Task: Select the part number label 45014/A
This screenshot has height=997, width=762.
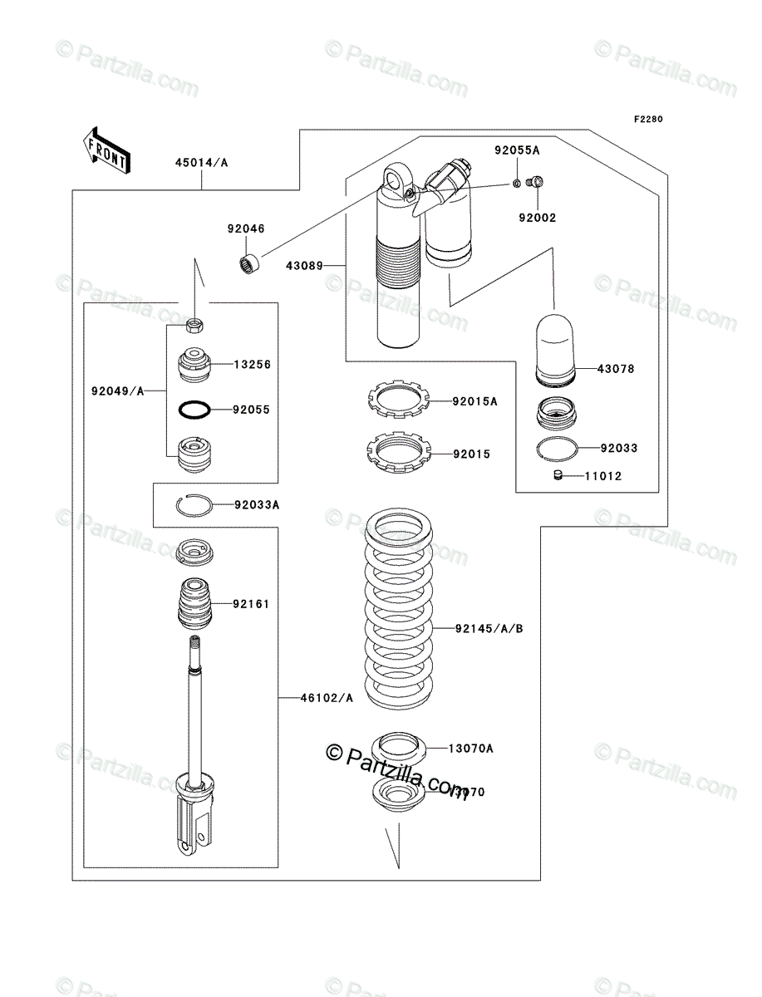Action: (200, 163)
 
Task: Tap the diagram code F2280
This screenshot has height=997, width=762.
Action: (648, 120)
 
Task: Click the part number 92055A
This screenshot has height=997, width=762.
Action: (517, 150)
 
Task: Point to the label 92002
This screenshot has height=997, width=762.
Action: (537, 218)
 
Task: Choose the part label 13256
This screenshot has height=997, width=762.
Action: (252, 364)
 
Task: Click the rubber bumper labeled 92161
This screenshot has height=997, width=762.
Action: (191, 604)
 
